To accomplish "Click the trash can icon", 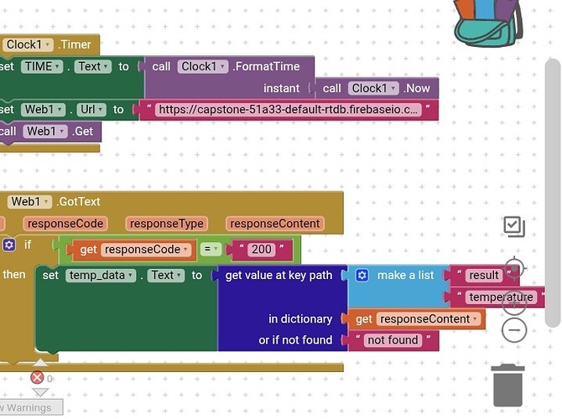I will pos(508,385).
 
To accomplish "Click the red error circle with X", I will pos(37,378).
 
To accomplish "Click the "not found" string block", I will pos(392,340).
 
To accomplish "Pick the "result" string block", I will pos(484,275).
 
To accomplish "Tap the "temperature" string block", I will pos(501,297).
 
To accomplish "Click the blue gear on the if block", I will pos(9,245).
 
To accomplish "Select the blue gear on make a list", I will pos(362,275).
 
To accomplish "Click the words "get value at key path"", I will pos(279,275).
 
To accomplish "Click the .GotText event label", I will pos(79,201).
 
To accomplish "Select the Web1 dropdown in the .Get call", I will pos(45,131).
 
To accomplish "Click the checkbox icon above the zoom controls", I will pos(513,225).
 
